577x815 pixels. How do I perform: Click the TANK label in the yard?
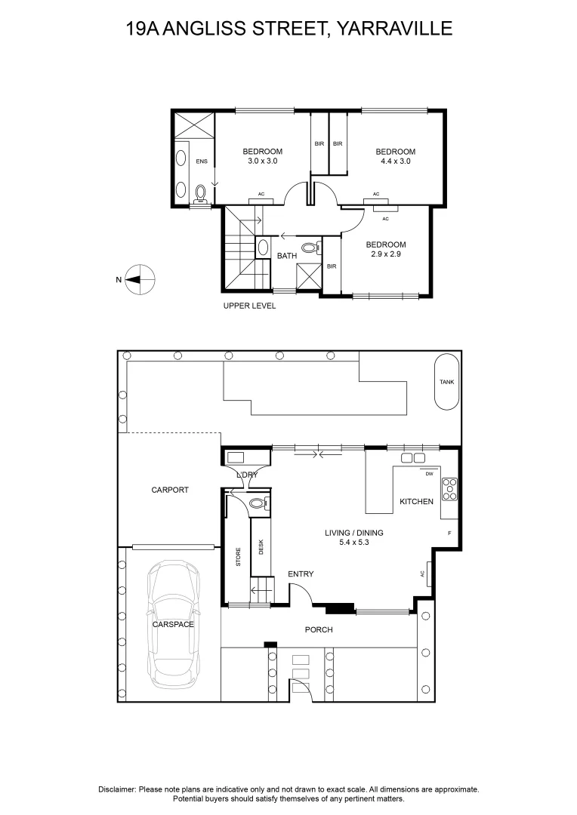click(446, 382)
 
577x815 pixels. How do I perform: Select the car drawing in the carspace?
click(173, 624)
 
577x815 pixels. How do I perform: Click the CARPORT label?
click(170, 490)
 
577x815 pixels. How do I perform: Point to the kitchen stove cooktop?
click(449, 489)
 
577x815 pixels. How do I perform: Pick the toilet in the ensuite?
click(200, 193)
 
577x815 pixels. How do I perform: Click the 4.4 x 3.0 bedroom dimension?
click(396, 161)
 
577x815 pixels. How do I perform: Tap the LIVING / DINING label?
click(353, 533)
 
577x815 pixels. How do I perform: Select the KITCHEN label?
click(416, 502)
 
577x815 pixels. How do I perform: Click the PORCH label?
click(319, 630)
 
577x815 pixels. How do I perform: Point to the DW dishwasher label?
click(429, 473)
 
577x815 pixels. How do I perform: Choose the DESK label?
click(261, 547)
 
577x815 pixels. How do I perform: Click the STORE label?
click(239, 557)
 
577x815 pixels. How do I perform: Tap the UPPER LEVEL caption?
click(250, 306)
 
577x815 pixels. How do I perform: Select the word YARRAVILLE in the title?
click(395, 28)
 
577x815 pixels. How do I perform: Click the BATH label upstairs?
click(287, 256)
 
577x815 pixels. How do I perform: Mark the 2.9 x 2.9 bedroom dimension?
click(385, 254)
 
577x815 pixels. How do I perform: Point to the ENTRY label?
click(301, 574)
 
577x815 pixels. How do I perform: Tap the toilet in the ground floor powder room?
click(258, 503)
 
